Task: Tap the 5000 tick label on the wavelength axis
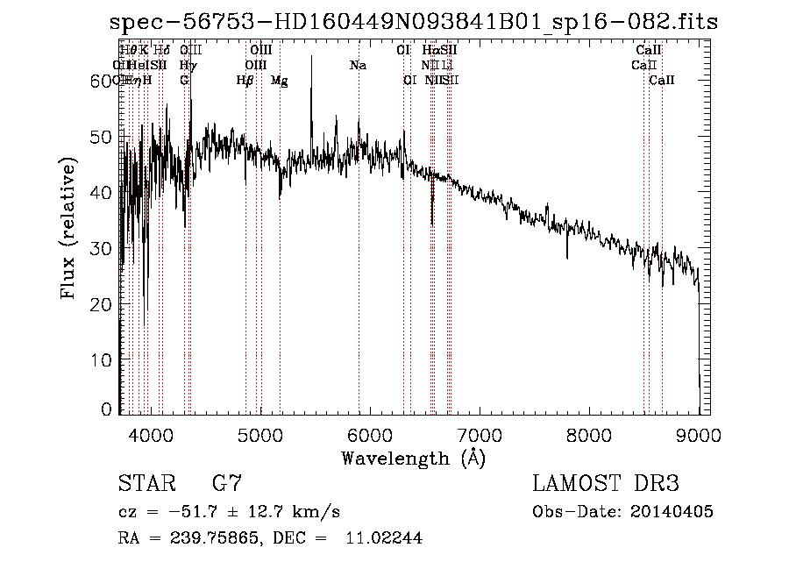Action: point(259,435)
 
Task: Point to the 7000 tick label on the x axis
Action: point(479,435)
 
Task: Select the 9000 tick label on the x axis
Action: point(698,435)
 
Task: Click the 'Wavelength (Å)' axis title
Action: point(413,458)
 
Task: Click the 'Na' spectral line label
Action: point(358,65)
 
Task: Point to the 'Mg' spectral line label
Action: point(279,81)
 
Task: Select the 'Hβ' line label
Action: point(245,81)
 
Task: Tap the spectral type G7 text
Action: point(227,484)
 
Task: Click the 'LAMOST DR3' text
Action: point(606,484)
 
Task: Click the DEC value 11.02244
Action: point(390,538)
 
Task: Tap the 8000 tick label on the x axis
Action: point(588,435)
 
